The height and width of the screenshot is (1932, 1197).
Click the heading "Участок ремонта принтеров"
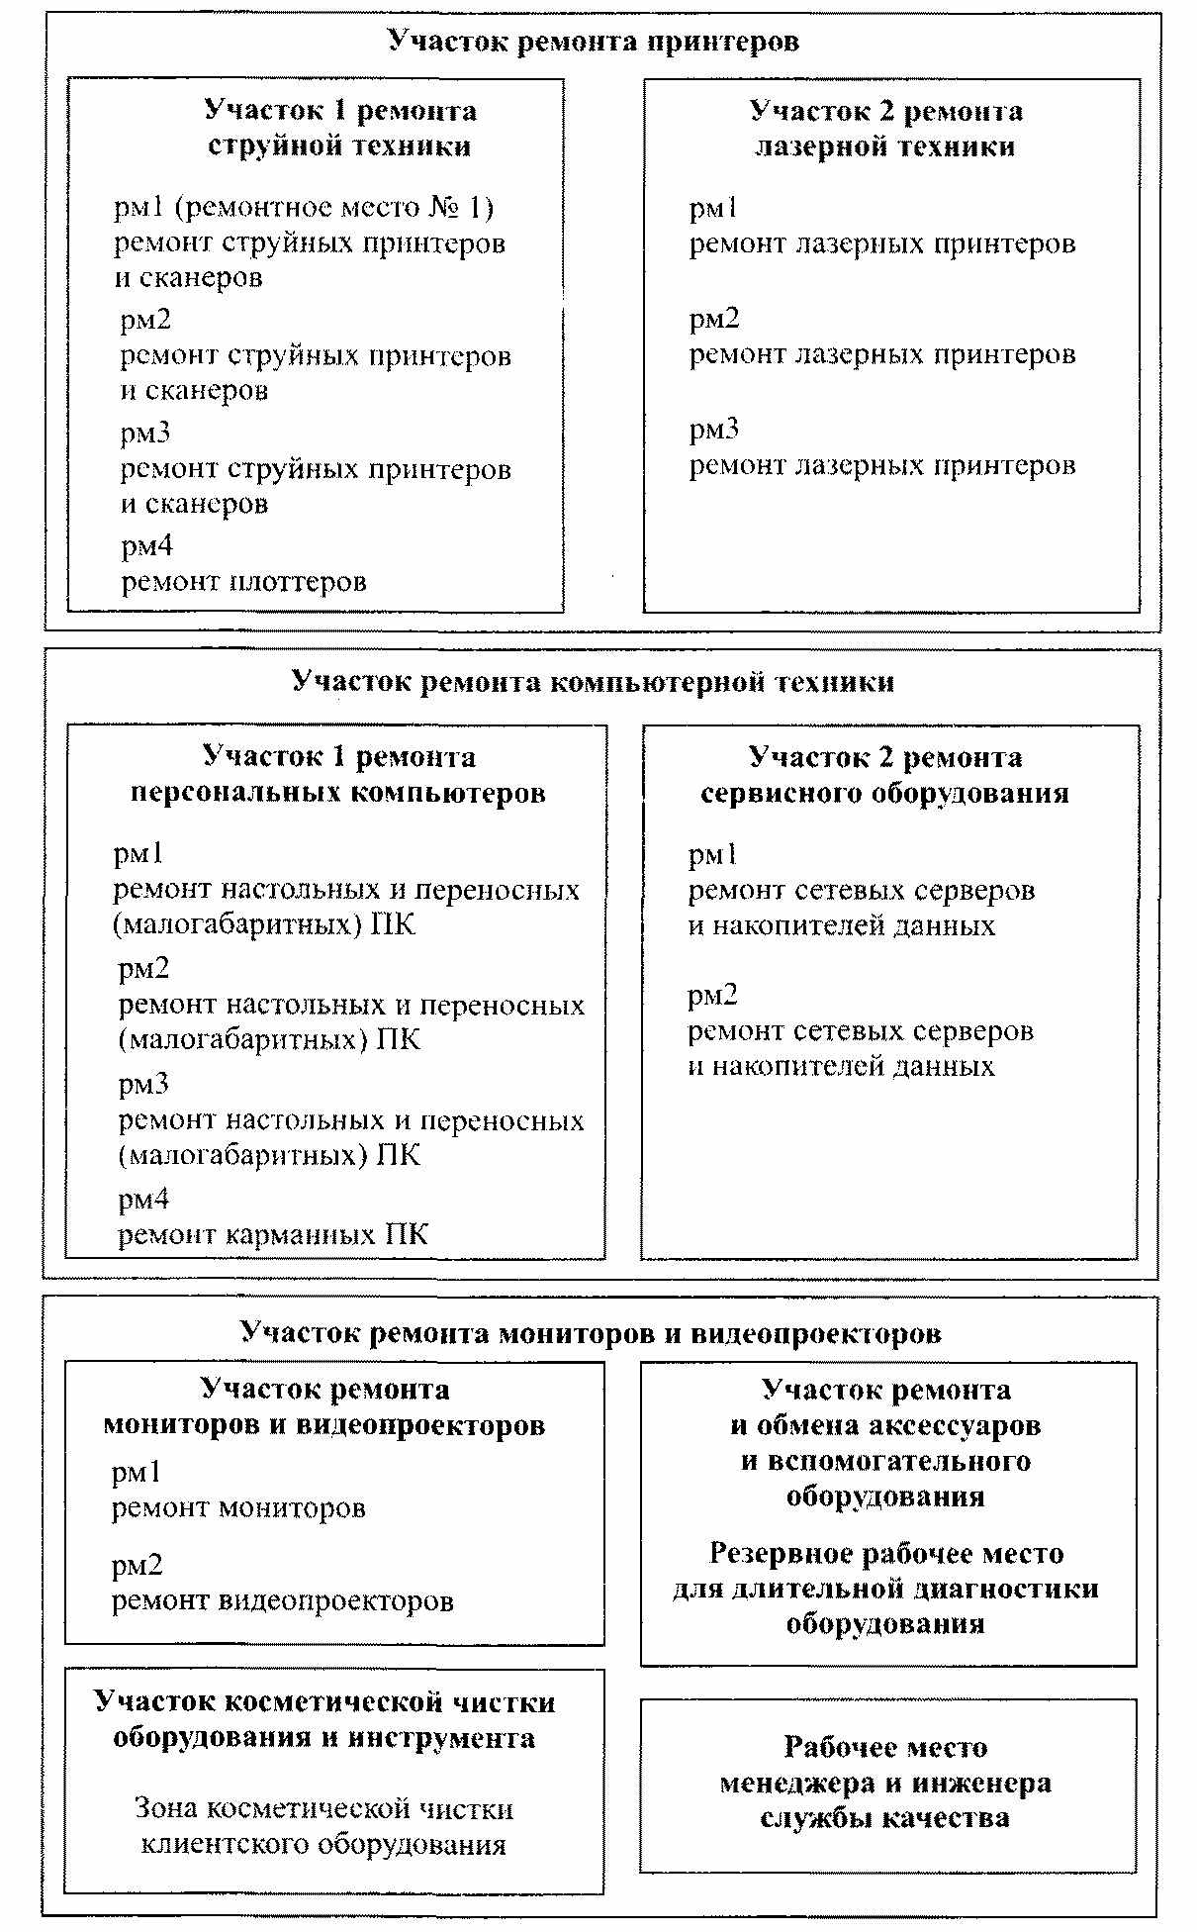coord(593,42)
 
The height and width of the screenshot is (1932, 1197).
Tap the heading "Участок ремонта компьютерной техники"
coord(593,682)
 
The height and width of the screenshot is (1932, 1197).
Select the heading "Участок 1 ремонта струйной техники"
coord(339,129)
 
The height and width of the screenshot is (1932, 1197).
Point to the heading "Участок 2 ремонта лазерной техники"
coord(885,129)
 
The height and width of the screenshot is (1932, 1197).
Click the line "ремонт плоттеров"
coord(243,582)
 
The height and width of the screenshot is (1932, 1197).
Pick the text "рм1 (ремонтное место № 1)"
coord(304,208)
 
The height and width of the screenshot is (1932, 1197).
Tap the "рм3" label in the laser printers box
coord(714,430)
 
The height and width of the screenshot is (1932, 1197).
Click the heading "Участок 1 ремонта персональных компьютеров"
coord(338,775)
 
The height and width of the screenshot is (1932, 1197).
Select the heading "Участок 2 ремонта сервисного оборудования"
coord(884,775)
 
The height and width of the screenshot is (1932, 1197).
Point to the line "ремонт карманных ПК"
coord(273,1235)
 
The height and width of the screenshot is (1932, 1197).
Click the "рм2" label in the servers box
coord(713,996)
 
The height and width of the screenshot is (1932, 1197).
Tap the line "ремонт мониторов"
coord(238,1508)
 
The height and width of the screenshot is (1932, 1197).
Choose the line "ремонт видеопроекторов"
coord(282,1601)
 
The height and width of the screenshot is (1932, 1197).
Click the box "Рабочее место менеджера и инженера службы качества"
coord(885,1784)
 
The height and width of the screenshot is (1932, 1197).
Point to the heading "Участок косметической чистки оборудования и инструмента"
coord(324,1720)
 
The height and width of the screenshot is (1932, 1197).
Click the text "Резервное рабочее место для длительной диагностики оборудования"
coord(885,1589)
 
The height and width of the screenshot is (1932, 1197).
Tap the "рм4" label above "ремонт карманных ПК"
coord(143,1201)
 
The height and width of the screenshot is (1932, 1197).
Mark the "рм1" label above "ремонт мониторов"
coord(136,1473)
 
